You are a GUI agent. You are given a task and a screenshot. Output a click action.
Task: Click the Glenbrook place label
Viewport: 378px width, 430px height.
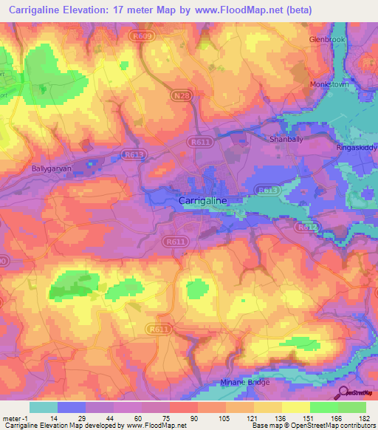tap(327, 39)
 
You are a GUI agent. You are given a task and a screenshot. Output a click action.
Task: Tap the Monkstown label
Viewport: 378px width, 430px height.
tap(329, 85)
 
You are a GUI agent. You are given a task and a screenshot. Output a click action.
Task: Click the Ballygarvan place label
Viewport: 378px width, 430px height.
tap(50, 168)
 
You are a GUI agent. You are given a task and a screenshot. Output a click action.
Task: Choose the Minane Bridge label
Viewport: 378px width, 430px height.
tap(245, 382)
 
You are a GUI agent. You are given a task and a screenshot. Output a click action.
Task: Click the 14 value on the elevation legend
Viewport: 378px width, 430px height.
tap(43, 419)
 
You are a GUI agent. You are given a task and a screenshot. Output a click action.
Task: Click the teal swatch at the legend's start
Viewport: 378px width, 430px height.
tap(43, 407)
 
